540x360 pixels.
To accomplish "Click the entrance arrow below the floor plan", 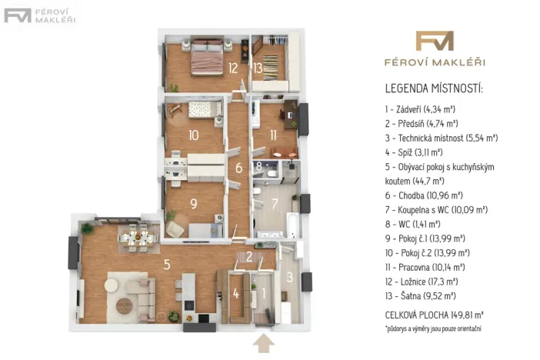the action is [263, 343].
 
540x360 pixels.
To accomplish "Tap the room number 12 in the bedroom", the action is [233, 68].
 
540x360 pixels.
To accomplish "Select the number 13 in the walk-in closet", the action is [258, 68].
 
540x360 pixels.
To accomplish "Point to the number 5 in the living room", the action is [167, 265].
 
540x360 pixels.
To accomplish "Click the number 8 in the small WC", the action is [259, 166].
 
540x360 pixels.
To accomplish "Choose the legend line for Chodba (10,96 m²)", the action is [424, 195].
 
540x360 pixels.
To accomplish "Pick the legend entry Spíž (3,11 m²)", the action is [414, 152].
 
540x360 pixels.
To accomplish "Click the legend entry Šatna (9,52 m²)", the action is [421, 296].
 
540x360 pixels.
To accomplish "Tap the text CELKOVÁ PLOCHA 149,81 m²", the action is [435, 315].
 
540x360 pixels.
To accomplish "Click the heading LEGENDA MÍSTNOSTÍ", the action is [434, 88].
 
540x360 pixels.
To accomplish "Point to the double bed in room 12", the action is [207, 57].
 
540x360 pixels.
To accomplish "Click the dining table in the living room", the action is [138, 238].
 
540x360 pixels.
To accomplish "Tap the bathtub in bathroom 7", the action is [292, 225].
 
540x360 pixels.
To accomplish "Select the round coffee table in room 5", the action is [124, 305].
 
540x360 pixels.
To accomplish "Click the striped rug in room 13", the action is [270, 68].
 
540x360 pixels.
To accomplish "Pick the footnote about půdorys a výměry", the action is [433, 328].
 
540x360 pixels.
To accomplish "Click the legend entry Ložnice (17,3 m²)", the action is [422, 282].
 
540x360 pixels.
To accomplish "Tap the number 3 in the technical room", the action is [290, 277].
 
